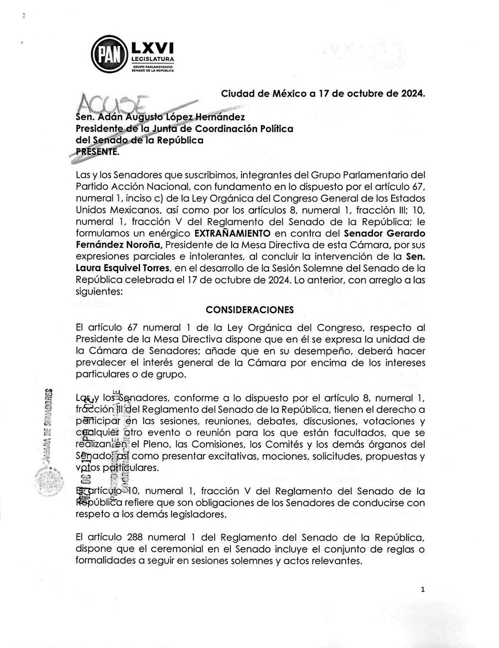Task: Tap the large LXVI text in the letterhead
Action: (152, 47)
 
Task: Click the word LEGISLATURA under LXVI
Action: (152, 59)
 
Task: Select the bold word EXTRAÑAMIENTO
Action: (232, 233)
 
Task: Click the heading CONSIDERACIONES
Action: (249, 310)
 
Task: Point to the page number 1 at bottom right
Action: (422, 590)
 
